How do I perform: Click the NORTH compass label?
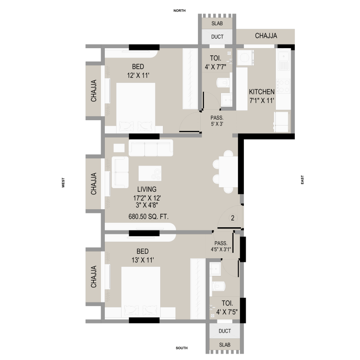coord(179,10)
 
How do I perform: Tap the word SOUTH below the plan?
coord(182,348)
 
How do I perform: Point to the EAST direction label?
coord(302,180)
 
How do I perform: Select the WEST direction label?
coord(63,183)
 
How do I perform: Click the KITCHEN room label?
coord(262,92)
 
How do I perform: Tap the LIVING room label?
coord(147,189)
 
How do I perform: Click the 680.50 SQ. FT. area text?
coord(148,216)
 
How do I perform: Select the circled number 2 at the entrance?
coord(233,218)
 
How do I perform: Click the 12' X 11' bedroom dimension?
coord(138,75)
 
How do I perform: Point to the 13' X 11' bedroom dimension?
coord(143,260)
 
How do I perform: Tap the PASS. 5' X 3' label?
coord(217,121)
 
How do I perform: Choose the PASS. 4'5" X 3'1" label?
coord(221,246)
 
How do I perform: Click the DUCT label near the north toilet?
coord(217,37)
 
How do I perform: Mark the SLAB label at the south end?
coord(225,345)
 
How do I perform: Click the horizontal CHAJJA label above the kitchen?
coord(266,36)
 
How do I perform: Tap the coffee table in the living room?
coord(150,173)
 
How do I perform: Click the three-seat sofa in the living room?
coord(151,148)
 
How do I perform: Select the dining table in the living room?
coord(228,171)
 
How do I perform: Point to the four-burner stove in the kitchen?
coord(283,86)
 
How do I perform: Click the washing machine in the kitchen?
coord(245,58)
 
